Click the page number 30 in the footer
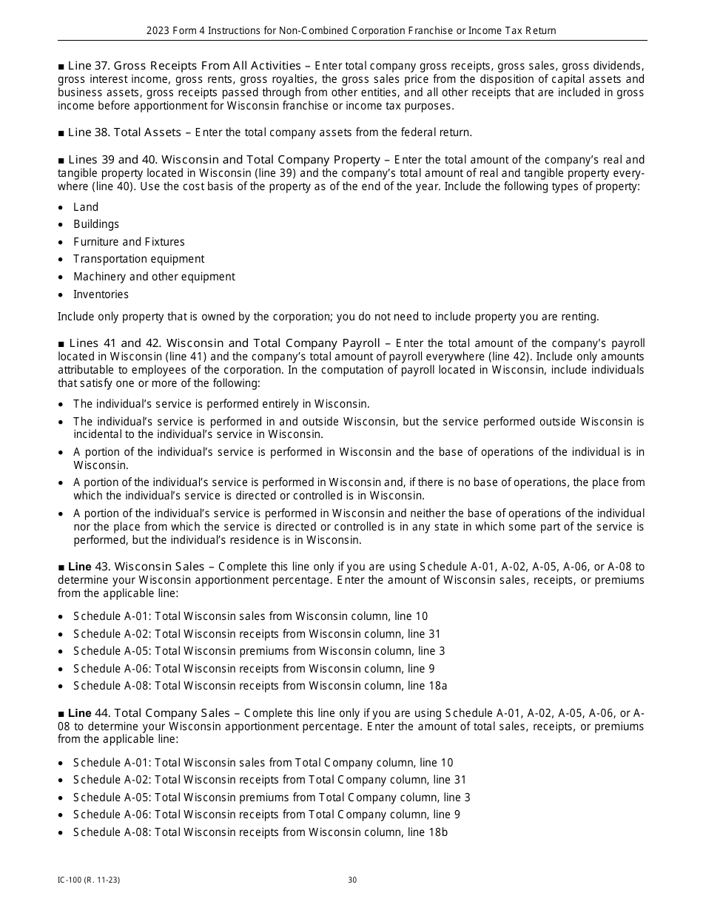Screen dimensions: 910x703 tap(352, 880)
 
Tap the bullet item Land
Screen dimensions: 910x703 tap(86, 207)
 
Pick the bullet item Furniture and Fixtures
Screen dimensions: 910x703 tap(129, 242)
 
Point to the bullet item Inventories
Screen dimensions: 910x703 tap(101, 294)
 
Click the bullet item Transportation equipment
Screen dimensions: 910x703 tap(138, 259)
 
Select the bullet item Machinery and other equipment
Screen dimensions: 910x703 tap(154, 277)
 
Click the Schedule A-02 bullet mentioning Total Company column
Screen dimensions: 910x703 tap(269, 780)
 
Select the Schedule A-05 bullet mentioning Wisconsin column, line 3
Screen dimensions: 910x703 tap(259, 651)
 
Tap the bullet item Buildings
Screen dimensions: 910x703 tap(96, 224)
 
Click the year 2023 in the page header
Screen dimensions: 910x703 tap(158, 31)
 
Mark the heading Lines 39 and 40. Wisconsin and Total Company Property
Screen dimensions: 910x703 tap(223, 160)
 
